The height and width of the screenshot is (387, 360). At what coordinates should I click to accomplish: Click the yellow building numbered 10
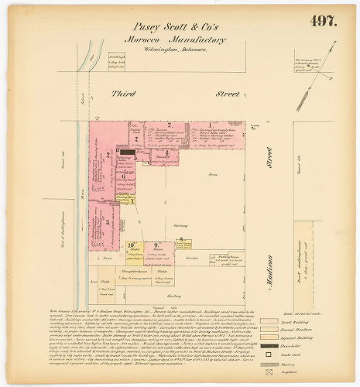[132, 249]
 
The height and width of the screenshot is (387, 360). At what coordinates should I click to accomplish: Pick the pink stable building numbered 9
[158, 249]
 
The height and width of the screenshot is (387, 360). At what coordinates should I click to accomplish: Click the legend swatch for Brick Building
[269, 319]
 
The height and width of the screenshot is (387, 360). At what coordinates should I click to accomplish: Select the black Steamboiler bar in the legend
[269, 346]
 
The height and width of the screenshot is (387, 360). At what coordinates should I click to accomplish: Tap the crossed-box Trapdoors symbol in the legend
[269, 372]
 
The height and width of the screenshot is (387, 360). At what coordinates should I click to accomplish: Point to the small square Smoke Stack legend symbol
[269, 354]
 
